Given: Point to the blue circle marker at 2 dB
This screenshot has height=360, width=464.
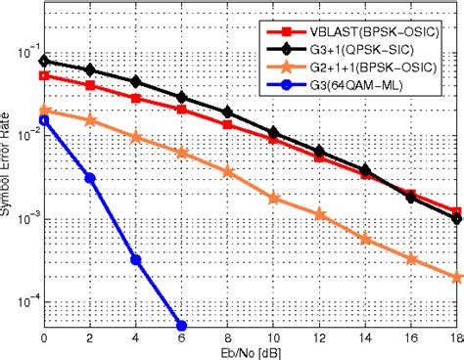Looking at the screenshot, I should coord(90,177).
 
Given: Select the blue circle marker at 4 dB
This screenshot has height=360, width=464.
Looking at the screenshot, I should coord(136,260).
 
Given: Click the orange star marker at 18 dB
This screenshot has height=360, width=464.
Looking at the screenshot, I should coord(457,277).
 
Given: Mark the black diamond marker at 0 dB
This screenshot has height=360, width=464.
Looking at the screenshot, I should coord(44,61).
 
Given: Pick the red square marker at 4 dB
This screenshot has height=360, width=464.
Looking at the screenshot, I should coord(136,98).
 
